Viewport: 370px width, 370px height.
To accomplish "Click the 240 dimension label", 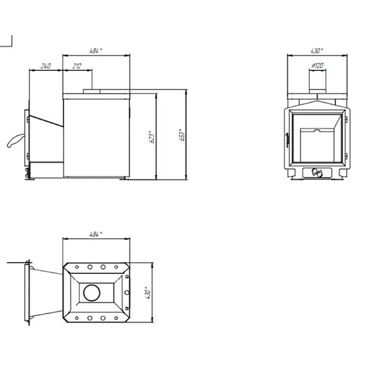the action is click(x=46, y=66).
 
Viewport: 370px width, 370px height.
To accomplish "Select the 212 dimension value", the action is click(x=77, y=66).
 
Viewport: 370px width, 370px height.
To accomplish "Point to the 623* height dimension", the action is click(x=152, y=137).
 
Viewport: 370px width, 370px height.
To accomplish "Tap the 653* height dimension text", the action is click(x=182, y=135).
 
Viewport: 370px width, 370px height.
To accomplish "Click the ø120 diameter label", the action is click(x=318, y=65).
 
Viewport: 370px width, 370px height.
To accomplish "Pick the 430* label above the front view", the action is click(x=317, y=51).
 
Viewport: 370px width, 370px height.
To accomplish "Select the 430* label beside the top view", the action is click(x=148, y=293).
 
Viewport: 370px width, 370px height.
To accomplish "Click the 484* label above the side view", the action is click(x=96, y=51).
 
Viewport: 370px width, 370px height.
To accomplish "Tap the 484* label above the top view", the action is click(x=96, y=234).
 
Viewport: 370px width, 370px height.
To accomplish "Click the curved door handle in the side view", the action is click(x=15, y=140).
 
